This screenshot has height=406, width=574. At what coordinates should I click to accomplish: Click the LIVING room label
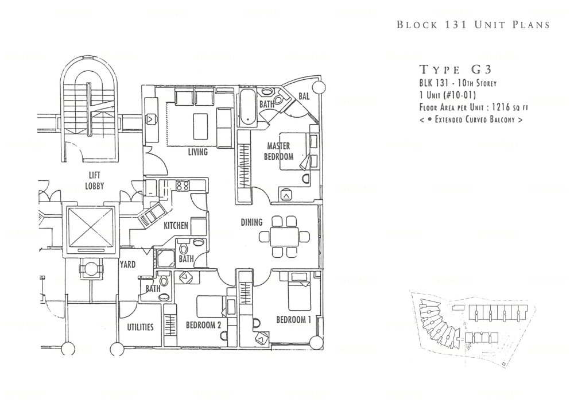click(197, 153)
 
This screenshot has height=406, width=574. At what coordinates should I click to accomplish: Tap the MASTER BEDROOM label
click(278, 151)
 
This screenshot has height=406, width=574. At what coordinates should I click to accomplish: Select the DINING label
click(251, 222)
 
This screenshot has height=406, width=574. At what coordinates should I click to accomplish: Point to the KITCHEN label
click(176, 226)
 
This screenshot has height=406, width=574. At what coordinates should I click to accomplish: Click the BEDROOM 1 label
click(293, 320)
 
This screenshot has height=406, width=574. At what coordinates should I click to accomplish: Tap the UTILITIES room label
click(140, 327)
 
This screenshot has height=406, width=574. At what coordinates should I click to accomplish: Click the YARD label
click(127, 265)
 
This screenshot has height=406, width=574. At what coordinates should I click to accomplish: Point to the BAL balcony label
click(304, 96)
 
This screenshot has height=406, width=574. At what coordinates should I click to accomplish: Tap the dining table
click(285, 235)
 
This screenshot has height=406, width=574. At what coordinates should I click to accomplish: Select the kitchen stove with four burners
click(183, 185)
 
